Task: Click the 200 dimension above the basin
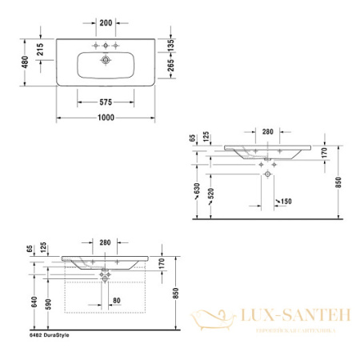[106, 22]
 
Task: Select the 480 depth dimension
[26, 62]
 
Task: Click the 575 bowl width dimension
[106, 102]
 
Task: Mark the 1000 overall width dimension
[106, 118]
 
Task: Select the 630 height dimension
[196, 190]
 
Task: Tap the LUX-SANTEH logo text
[290, 318]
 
